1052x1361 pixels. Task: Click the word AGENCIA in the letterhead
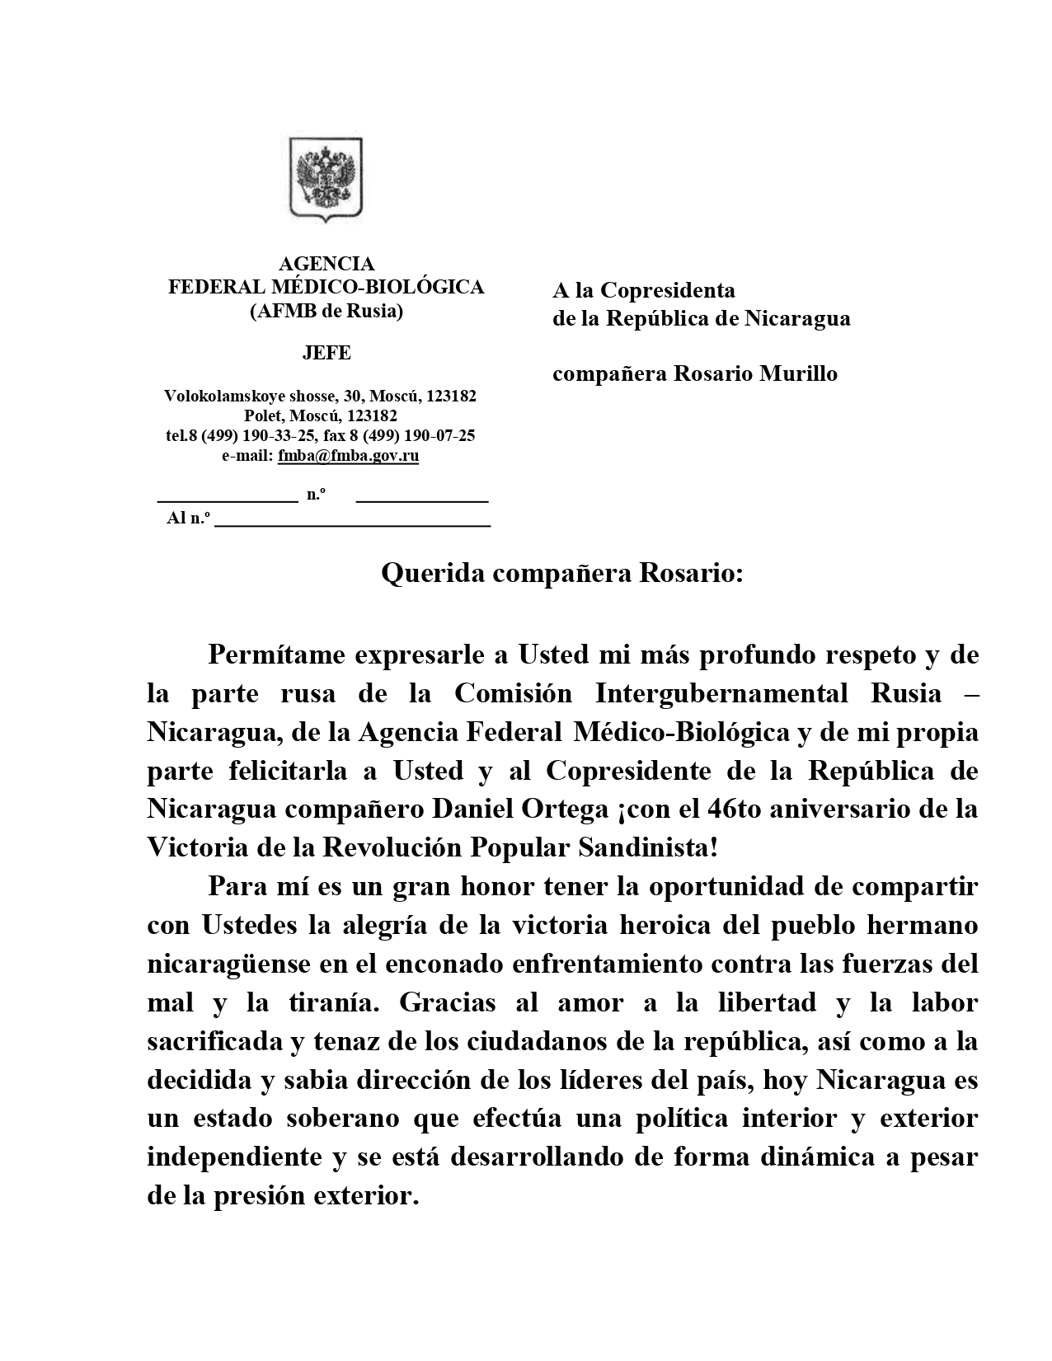click(x=326, y=264)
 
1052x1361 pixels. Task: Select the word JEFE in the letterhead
click(x=326, y=353)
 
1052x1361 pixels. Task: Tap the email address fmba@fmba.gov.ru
click(x=348, y=456)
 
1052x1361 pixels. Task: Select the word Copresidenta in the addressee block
click(x=667, y=290)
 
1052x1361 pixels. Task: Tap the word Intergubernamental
click(x=721, y=693)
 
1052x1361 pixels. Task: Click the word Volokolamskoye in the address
click(x=224, y=396)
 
